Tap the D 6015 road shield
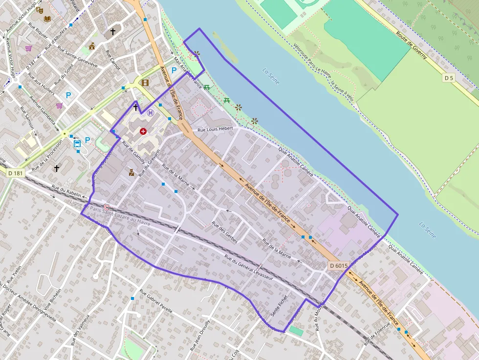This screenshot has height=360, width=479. (338, 266)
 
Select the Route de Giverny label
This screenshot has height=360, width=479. (412, 45)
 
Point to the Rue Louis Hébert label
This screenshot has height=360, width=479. (216, 130)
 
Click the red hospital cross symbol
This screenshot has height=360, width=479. (143, 131)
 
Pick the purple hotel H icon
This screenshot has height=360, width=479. (151, 113)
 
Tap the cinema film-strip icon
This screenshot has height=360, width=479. (145, 83)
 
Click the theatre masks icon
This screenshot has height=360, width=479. (40, 9)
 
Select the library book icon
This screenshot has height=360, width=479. (47, 19)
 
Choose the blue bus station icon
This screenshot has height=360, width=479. (77, 143)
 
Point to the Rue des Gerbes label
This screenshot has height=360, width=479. (224, 233)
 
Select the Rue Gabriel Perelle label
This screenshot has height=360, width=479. (156, 302)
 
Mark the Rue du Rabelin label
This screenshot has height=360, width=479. (66, 191)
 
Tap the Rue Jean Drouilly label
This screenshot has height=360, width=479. (200, 334)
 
